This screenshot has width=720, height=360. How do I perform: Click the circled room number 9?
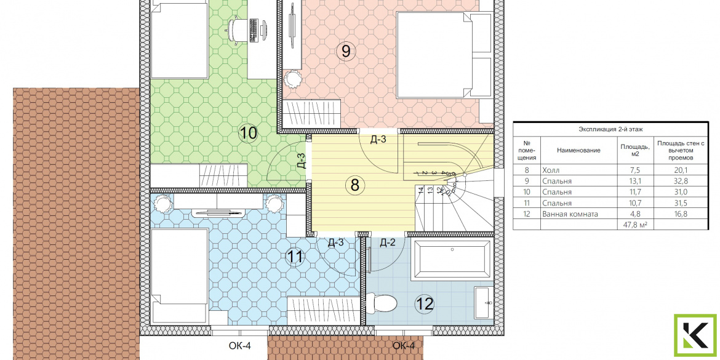(345, 50)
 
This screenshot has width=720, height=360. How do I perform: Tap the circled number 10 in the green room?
(248, 133)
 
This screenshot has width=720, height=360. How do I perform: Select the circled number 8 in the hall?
(354, 185)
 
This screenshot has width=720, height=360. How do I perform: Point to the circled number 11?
(295, 256)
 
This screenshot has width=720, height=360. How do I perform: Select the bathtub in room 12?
(452, 260)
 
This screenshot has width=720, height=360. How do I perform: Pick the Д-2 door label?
(387, 243)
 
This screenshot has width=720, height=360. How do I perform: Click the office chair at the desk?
(237, 30)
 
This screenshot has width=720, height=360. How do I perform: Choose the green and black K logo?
(695, 335)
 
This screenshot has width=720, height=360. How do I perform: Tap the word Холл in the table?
(551, 169)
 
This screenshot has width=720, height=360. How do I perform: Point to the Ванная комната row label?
(570, 214)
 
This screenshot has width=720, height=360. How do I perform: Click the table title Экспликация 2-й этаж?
(610, 130)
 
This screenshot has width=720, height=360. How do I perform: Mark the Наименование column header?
(578, 150)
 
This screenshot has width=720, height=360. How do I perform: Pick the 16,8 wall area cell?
(681, 214)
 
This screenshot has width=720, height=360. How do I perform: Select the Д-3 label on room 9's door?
(378, 140)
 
